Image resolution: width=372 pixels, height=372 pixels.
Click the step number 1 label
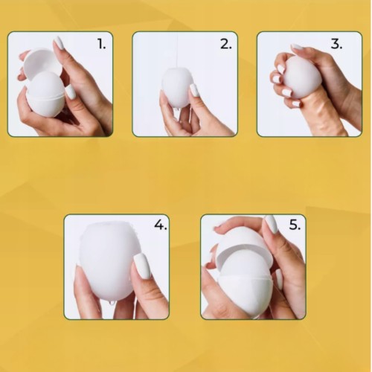102,45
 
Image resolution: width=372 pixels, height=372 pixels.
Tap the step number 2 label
225,45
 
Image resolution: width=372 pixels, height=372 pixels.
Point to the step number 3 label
336,44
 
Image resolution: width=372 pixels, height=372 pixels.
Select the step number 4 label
161,225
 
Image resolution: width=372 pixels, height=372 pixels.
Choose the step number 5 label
295,225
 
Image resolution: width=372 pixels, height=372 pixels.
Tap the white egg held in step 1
45,94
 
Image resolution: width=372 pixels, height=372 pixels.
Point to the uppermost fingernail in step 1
59,43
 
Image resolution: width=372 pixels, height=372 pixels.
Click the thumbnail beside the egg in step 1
70,92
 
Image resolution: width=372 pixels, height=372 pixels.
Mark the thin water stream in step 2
178,50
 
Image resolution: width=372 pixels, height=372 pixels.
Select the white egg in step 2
177,87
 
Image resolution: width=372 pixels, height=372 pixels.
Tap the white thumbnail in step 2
194,90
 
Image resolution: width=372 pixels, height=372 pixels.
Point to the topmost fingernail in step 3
297,47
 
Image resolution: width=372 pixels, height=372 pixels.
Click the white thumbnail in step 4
142,266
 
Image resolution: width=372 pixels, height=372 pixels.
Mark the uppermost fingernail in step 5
271,224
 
